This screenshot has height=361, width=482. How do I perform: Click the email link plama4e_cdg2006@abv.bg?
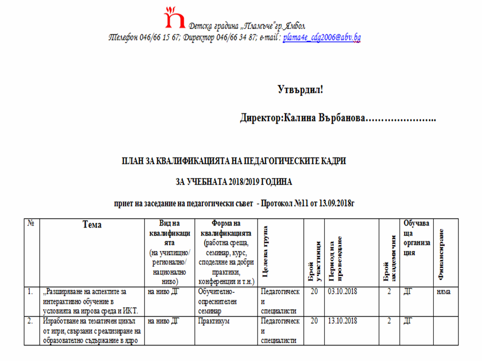(x=322, y=37)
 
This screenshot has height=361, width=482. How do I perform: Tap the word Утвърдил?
(x=300, y=90)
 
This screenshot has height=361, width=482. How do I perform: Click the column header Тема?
(x=92, y=225)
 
